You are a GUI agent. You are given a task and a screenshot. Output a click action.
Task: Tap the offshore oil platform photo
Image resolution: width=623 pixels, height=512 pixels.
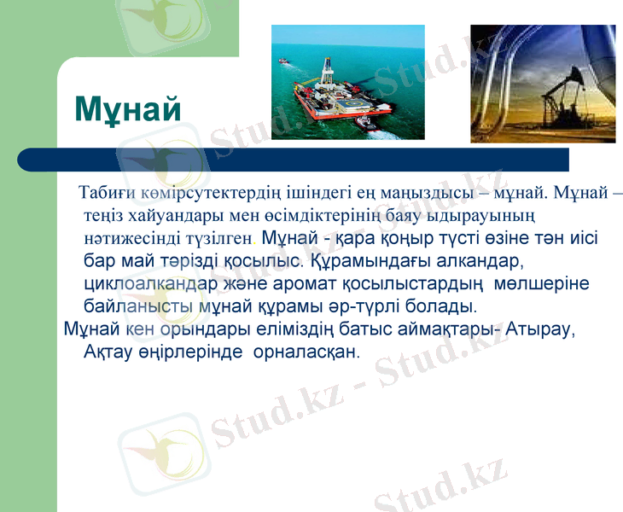(x=347, y=82)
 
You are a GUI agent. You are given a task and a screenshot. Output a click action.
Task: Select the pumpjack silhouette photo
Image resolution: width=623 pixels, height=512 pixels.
(x=542, y=83)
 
